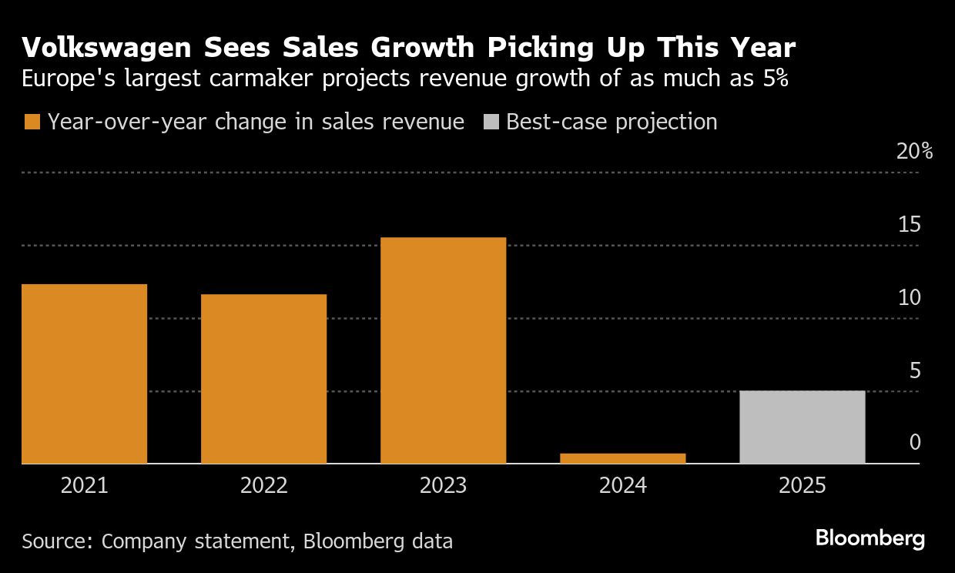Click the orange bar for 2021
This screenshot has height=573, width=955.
coord(84,374)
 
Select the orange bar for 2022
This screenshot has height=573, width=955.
coord(263,379)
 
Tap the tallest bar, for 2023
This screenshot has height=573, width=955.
coord(443,350)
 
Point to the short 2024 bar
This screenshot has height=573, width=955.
coord(622,458)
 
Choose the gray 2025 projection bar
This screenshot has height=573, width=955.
coord(802,427)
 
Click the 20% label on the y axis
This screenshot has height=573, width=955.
coord(914,151)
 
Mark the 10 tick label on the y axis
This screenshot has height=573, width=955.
coord(909,297)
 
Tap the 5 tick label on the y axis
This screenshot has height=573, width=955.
coord(915,370)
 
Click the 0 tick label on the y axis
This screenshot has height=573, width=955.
coord(915,442)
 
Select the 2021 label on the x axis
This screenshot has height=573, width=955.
coord(84,486)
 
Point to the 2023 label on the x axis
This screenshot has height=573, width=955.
coord(443,486)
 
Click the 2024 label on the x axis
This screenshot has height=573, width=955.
coord(622,486)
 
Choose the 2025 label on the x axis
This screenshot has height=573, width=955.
coord(802,486)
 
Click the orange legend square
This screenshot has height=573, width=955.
coord(32,122)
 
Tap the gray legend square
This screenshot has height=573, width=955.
coord(491,122)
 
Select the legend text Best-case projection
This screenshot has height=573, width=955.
coord(612,122)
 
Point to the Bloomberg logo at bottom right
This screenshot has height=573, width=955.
coord(870,538)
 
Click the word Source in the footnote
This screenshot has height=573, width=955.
coord(55,541)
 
